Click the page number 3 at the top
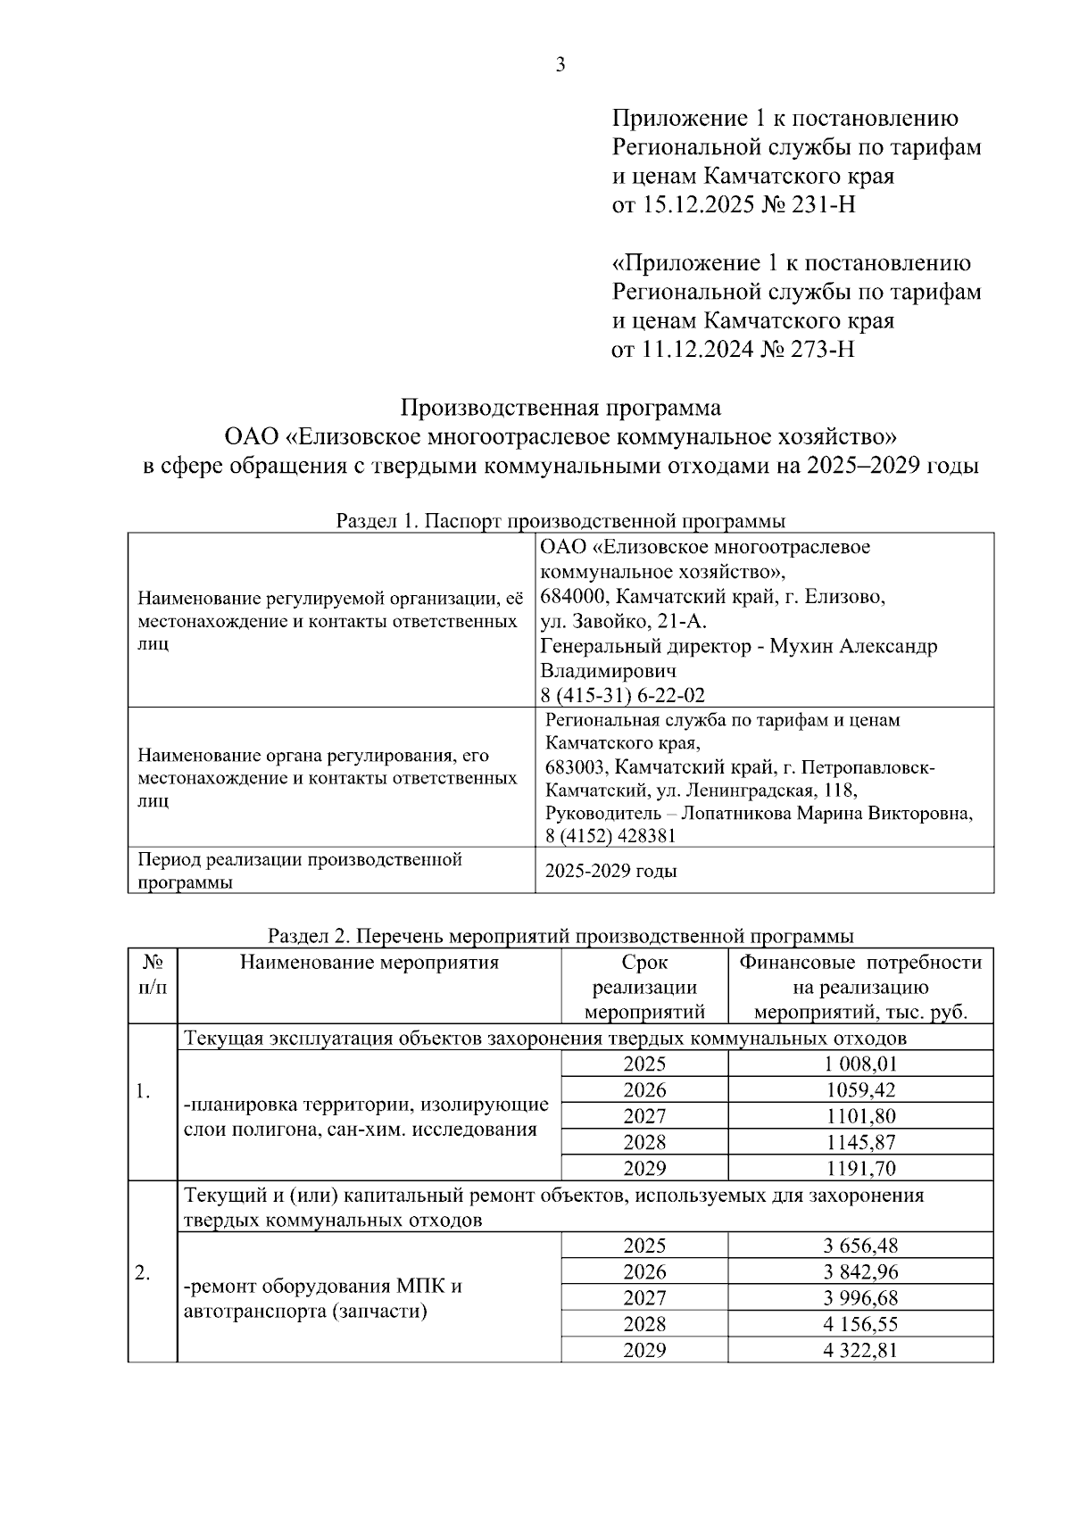560,64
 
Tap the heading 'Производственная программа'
560,408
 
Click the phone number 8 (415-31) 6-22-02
623,695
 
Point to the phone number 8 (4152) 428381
610,836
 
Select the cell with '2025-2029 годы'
611,871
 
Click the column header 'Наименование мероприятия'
369,963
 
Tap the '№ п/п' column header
153,975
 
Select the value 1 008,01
860,1064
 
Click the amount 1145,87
860,1142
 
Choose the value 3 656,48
860,1246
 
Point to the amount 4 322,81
860,1350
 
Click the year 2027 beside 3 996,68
644,1298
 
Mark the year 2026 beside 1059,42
644,1090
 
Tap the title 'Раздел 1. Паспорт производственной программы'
560,521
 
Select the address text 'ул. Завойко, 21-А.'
624,622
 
